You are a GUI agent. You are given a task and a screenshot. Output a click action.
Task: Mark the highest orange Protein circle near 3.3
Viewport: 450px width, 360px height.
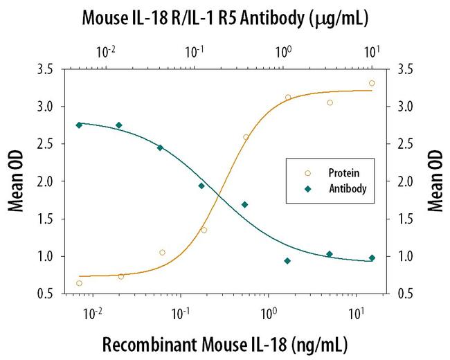[372, 83]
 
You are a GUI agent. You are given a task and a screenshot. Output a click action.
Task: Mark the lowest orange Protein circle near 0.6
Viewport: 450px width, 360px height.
[79, 283]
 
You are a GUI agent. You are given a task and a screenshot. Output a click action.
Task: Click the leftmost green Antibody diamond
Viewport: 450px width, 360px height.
[79, 125]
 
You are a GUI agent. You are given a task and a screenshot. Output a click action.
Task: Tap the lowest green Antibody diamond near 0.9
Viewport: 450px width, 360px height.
[287, 261]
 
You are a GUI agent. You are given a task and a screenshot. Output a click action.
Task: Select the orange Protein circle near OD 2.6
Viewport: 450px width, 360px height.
[246, 137]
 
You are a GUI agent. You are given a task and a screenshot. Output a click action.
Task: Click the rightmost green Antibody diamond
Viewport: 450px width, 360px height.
[372, 258]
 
